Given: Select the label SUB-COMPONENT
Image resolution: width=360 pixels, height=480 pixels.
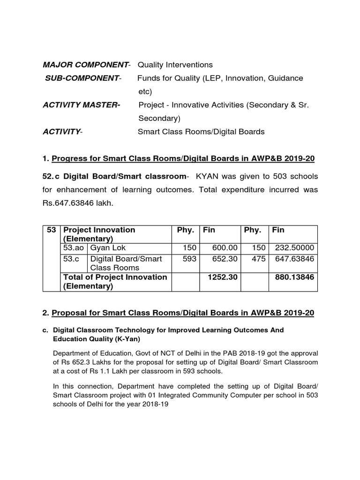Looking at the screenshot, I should (82, 78).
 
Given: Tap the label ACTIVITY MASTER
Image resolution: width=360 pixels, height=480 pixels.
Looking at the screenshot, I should (81, 105).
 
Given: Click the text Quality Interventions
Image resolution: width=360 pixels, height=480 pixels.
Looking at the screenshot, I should (175, 65).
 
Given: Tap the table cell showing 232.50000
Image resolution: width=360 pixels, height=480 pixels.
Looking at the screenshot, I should (295, 248).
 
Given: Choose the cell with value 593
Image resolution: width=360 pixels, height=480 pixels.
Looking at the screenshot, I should (188, 259).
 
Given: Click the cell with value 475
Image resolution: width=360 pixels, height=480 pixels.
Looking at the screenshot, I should (258, 259).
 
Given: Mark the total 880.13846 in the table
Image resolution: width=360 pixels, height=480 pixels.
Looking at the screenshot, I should (294, 277).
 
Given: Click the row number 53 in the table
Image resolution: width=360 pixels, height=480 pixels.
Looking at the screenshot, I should (52, 230).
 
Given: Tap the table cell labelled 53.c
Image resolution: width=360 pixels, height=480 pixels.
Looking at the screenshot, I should (71, 259).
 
